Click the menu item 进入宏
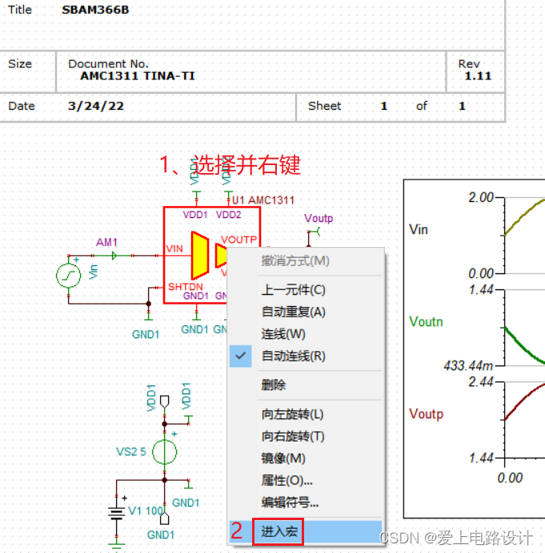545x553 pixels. (278, 531)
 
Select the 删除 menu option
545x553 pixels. (274, 385)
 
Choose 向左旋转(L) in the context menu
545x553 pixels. (292, 414)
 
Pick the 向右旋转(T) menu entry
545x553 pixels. (292, 437)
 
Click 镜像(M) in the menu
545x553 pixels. (283, 458)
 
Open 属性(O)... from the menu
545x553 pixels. (287, 481)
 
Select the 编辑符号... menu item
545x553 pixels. (290, 503)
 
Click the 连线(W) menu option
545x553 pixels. (283, 334)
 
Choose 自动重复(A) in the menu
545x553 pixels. (293, 312)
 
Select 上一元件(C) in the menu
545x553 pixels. (293, 290)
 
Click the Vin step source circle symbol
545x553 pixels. (69, 276)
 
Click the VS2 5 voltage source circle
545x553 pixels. (164, 453)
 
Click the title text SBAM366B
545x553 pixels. (94, 10)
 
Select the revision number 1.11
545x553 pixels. (478, 76)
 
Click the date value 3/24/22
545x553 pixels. (96, 106)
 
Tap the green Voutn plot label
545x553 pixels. (426, 321)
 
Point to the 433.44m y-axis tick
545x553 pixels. (467, 365)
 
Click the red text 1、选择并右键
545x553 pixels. (230, 164)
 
